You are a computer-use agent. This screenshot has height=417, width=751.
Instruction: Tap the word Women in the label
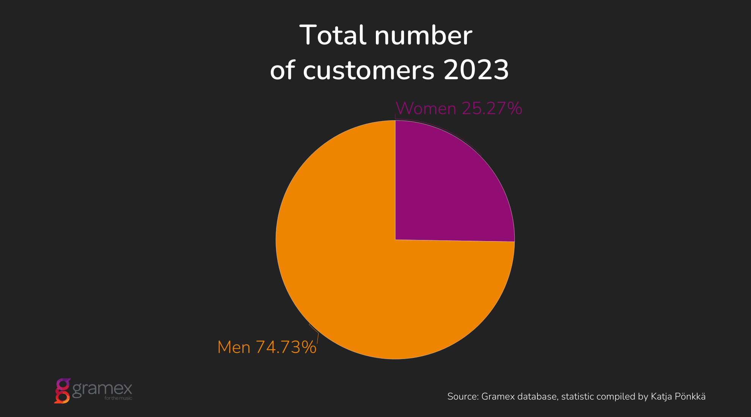pos(426,108)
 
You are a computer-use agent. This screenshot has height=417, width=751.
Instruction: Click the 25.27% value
pos(492,108)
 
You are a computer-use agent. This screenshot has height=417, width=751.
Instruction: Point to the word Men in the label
pos(234,347)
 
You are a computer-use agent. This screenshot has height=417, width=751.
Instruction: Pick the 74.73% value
pos(286,347)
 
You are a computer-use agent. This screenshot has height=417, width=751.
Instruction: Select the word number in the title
pos(423,35)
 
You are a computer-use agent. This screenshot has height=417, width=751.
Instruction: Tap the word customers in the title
pos(368,71)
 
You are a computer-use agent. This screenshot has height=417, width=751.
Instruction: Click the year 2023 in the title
pos(476,71)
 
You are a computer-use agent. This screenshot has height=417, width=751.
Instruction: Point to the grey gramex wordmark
pos(102,389)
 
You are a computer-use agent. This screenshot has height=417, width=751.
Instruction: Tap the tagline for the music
pos(118,398)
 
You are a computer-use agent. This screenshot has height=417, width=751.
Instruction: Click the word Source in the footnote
pos(463,397)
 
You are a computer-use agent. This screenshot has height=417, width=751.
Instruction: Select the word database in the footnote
pos(538,397)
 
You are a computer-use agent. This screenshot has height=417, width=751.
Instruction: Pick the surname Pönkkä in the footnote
pos(692,397)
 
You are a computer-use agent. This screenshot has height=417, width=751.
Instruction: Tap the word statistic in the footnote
pos(578,397)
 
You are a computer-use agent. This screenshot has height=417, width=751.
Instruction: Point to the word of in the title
pos(282,71)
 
